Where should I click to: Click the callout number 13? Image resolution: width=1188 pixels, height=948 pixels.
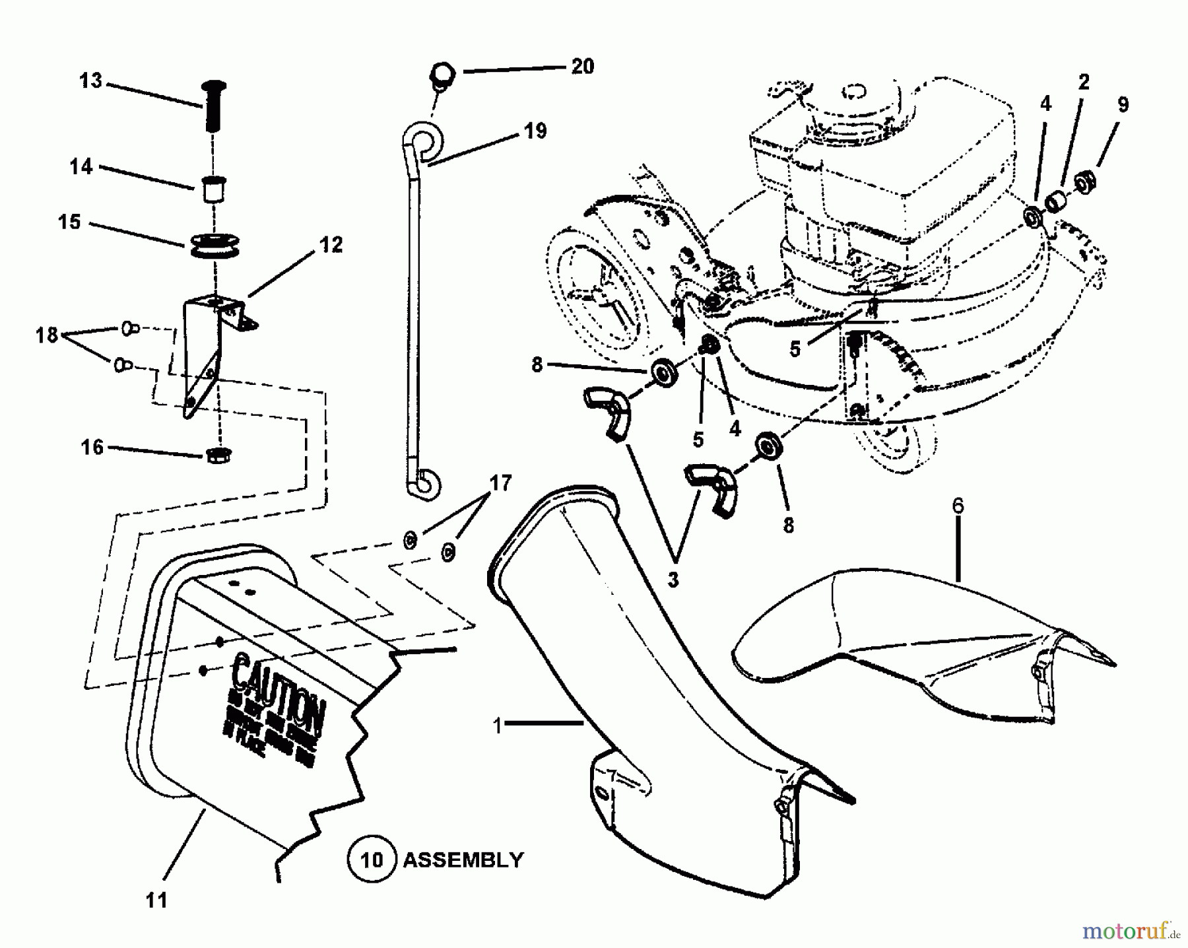click(91, 81)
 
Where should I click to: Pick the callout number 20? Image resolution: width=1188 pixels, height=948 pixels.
click(582, 66)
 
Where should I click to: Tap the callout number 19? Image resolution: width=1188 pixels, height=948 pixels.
click(535, 131)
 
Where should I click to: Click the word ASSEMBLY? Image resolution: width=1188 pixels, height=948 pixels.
click(463, 860)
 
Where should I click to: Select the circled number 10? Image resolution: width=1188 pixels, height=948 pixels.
click(372, 860)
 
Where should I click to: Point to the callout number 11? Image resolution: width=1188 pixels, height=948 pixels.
click(156, 900)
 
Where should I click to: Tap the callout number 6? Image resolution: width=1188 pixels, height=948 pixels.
click(958, 506)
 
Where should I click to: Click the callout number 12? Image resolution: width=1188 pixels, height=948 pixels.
click(331, 245)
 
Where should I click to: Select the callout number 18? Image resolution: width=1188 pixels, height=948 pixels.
click(47, 335)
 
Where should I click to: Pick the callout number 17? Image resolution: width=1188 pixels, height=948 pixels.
click(501, 483)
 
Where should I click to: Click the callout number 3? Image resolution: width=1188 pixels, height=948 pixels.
click(673, 580)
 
